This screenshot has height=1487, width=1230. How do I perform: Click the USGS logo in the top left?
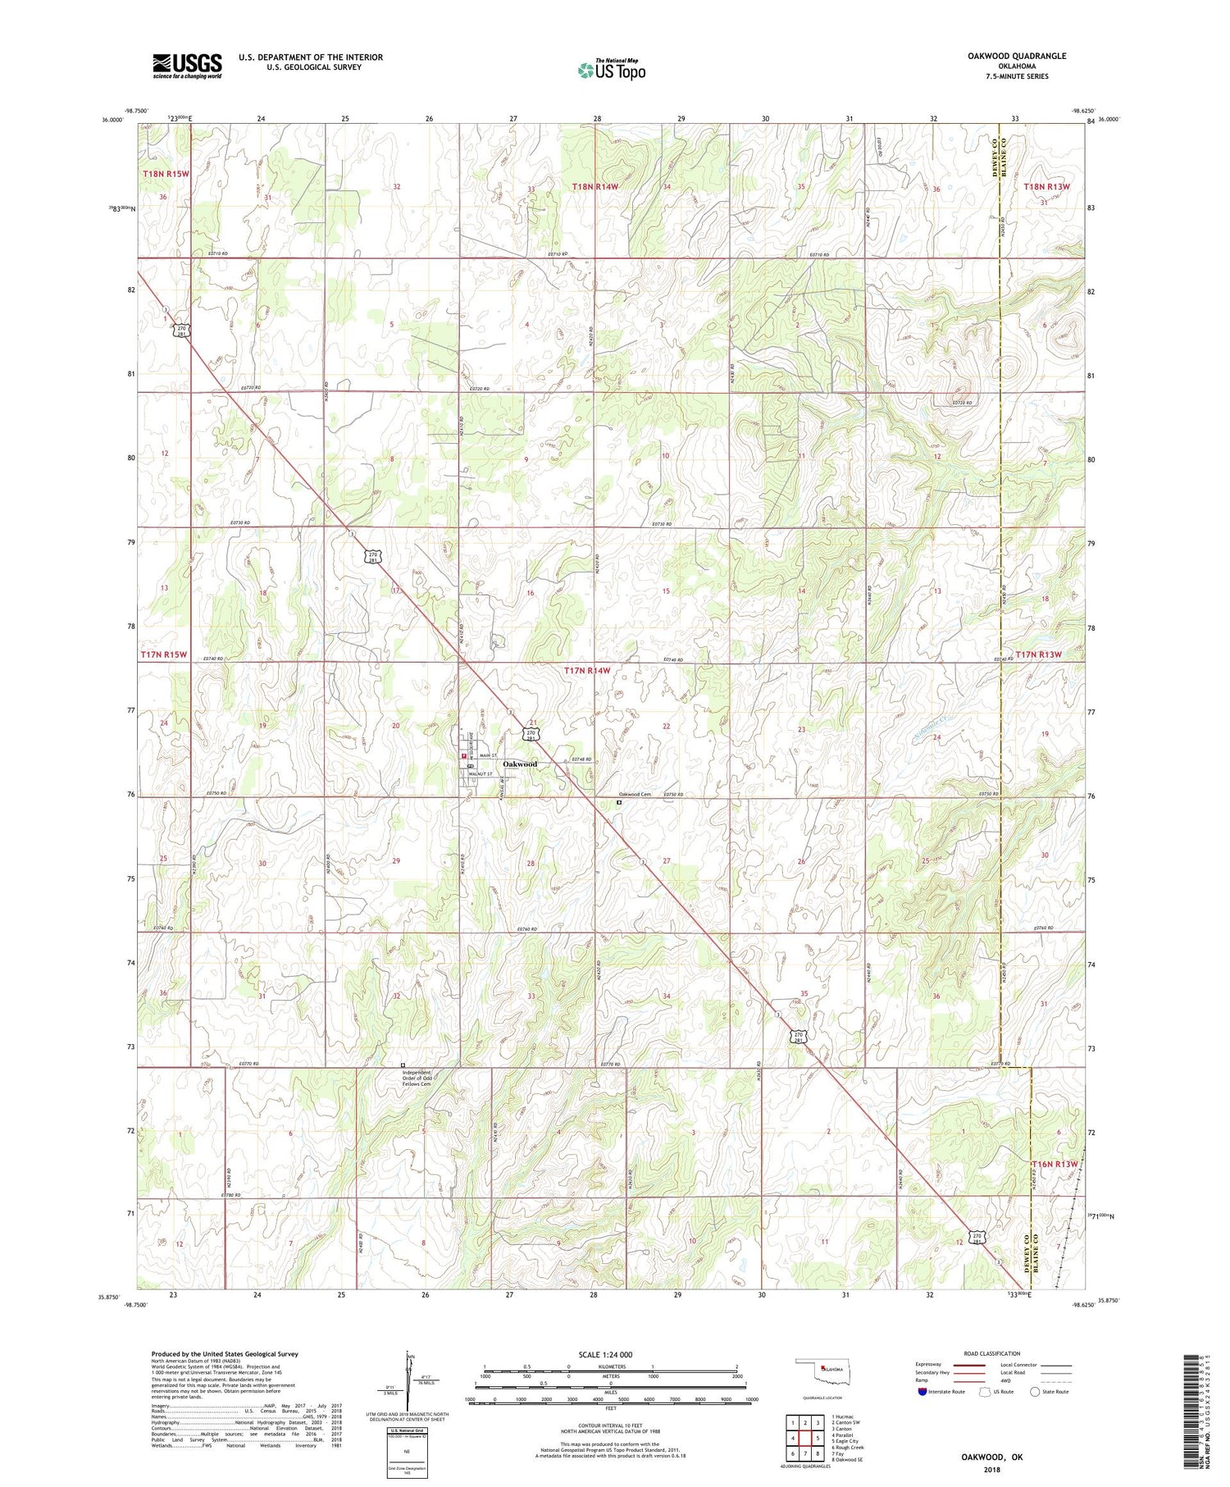(187, 66)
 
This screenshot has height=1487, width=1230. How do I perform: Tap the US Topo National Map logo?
(611, 70)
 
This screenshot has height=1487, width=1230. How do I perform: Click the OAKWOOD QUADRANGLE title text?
(1018, 56)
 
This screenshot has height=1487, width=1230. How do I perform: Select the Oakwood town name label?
(520, 764)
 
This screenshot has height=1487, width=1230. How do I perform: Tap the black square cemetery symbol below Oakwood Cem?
(619, 804)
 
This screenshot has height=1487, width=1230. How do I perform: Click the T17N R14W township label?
(587, 670)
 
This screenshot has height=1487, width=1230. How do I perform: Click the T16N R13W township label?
(1053, 1164)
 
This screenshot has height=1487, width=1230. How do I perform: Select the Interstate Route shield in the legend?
(923, 1392)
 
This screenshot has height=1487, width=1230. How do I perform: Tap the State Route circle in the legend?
(1035, 1392)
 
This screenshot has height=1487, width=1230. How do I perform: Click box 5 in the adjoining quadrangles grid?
(818, 1438)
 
